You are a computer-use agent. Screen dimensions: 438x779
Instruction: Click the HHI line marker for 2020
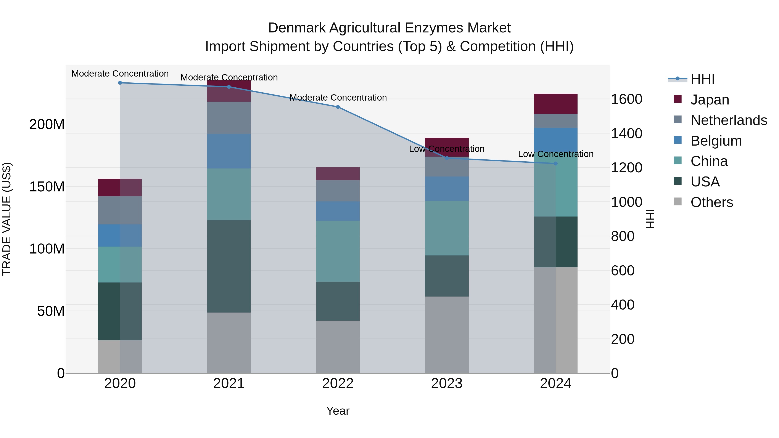coord(120,83)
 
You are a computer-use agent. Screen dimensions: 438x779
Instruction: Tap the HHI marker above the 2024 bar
coord(555,164)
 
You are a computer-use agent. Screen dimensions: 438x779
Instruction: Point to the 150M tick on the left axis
coord(47,187)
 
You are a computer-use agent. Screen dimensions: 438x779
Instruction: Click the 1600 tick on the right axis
coord(626,99)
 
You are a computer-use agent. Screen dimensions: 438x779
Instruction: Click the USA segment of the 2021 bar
coord(229,266)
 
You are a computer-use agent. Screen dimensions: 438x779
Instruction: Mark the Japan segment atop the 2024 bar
coord(555,104)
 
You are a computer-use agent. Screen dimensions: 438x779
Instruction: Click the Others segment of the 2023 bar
coord(447,335)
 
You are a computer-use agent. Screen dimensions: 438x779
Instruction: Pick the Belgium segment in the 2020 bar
coord(120,236)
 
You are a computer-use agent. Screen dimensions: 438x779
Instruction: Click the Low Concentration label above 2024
coord(555,154)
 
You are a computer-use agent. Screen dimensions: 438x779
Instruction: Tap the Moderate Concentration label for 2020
coord(120,74)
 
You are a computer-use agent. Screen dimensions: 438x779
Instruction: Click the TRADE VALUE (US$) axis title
coord(7,219)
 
